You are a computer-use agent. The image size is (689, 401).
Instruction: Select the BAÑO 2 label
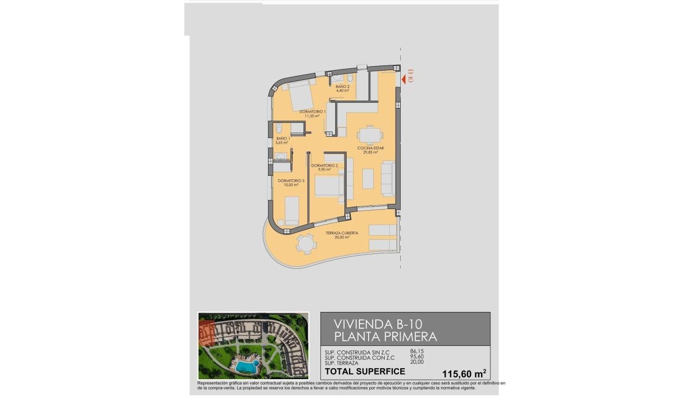(x=343, y=87)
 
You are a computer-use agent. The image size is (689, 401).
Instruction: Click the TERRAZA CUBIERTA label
(x=342, y=233)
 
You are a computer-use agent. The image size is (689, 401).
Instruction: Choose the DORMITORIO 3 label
(x=291, y=181)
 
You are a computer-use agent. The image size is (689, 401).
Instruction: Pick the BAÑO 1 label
(x=282, y=138)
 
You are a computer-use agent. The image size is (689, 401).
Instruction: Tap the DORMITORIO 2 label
(x=324, y=165)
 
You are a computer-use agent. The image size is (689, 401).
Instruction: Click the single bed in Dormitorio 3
(x=292, y=210)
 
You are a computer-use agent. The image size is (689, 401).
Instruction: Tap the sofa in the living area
(x=389, y=179)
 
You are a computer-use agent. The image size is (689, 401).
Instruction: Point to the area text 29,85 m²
(x=370, y=153)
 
